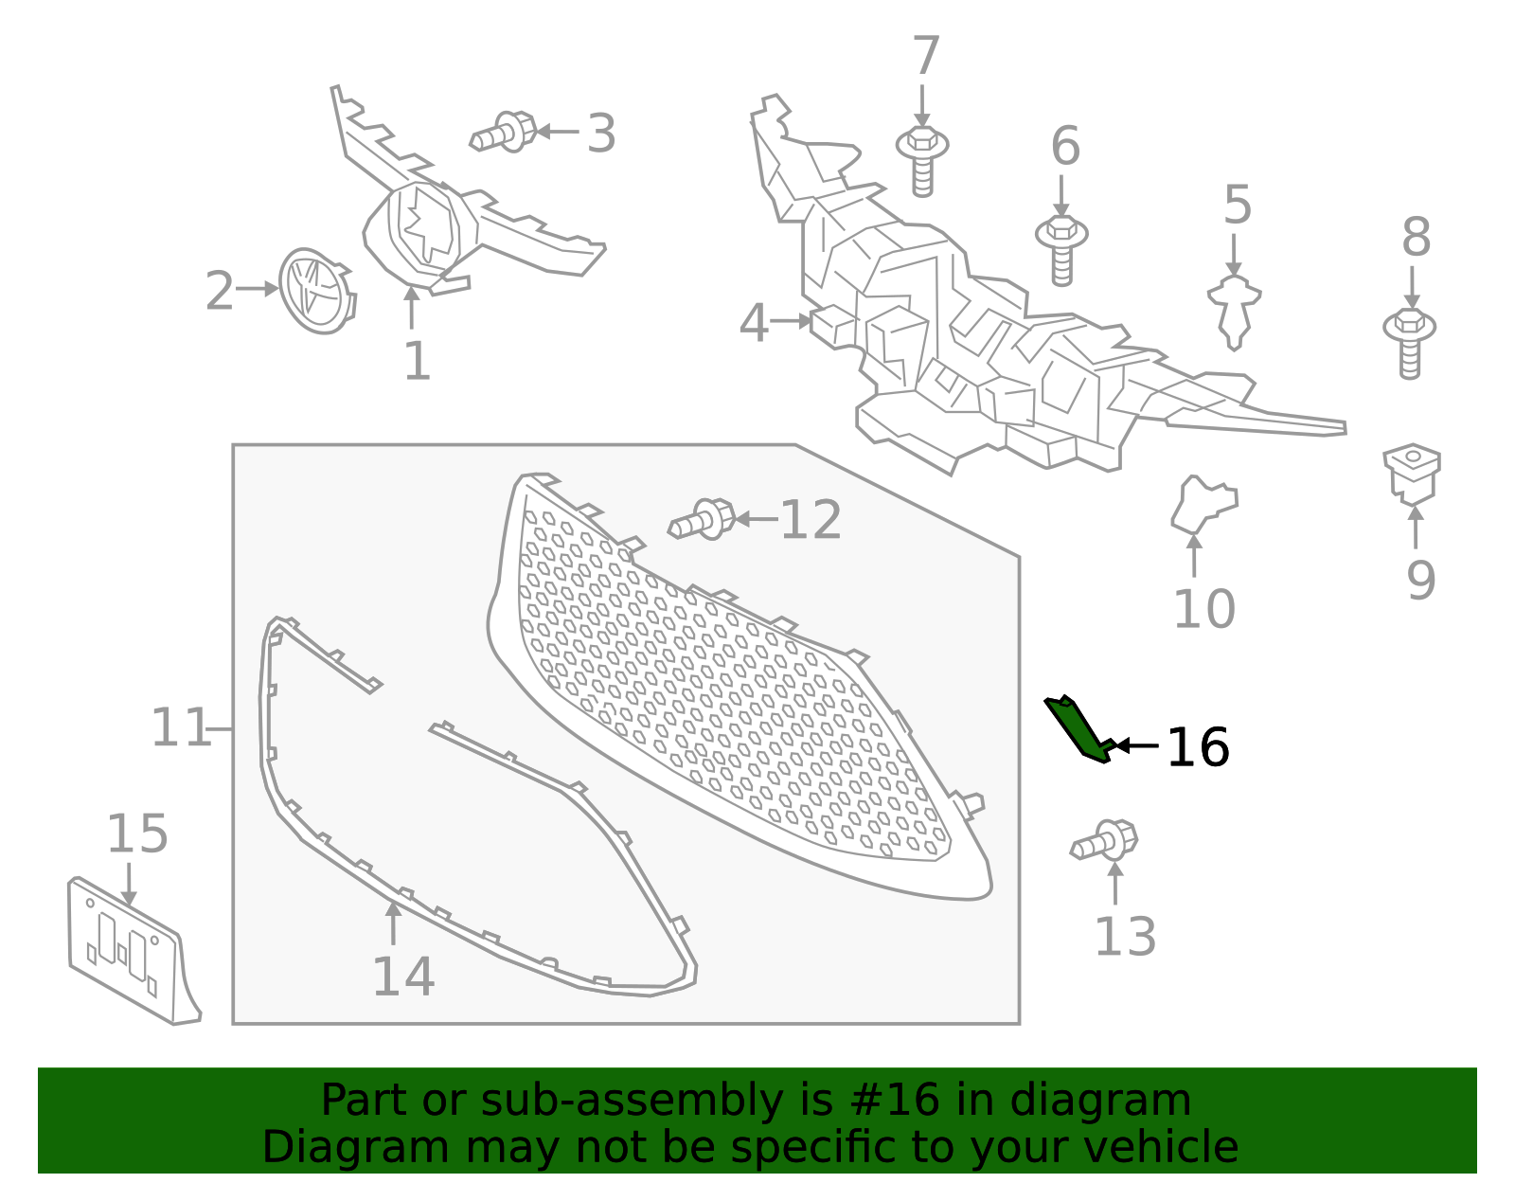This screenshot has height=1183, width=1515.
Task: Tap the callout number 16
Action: coord(1197,748)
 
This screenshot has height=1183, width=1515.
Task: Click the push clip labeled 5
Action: coord(1234,309)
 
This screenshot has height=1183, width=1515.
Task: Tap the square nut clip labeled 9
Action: coord(1411,473)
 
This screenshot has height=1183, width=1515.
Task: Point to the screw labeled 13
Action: coord(1105,840)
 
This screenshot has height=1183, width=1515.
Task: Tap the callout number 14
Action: coord(403,977)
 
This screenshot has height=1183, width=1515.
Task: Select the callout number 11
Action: coord(180,728)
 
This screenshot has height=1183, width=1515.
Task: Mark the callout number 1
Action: coord(417,362)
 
